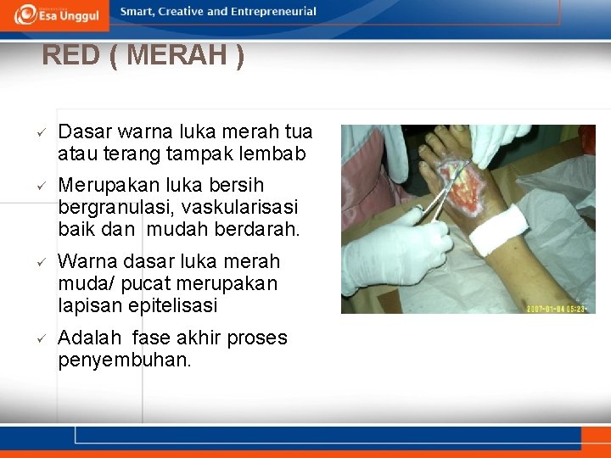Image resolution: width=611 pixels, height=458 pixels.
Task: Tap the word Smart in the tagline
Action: [138, 12]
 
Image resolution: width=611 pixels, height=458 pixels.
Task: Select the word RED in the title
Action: [70, 56]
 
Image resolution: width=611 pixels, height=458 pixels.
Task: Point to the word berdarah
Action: [258, 229]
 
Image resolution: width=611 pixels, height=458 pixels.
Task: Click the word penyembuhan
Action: [125, 360]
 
